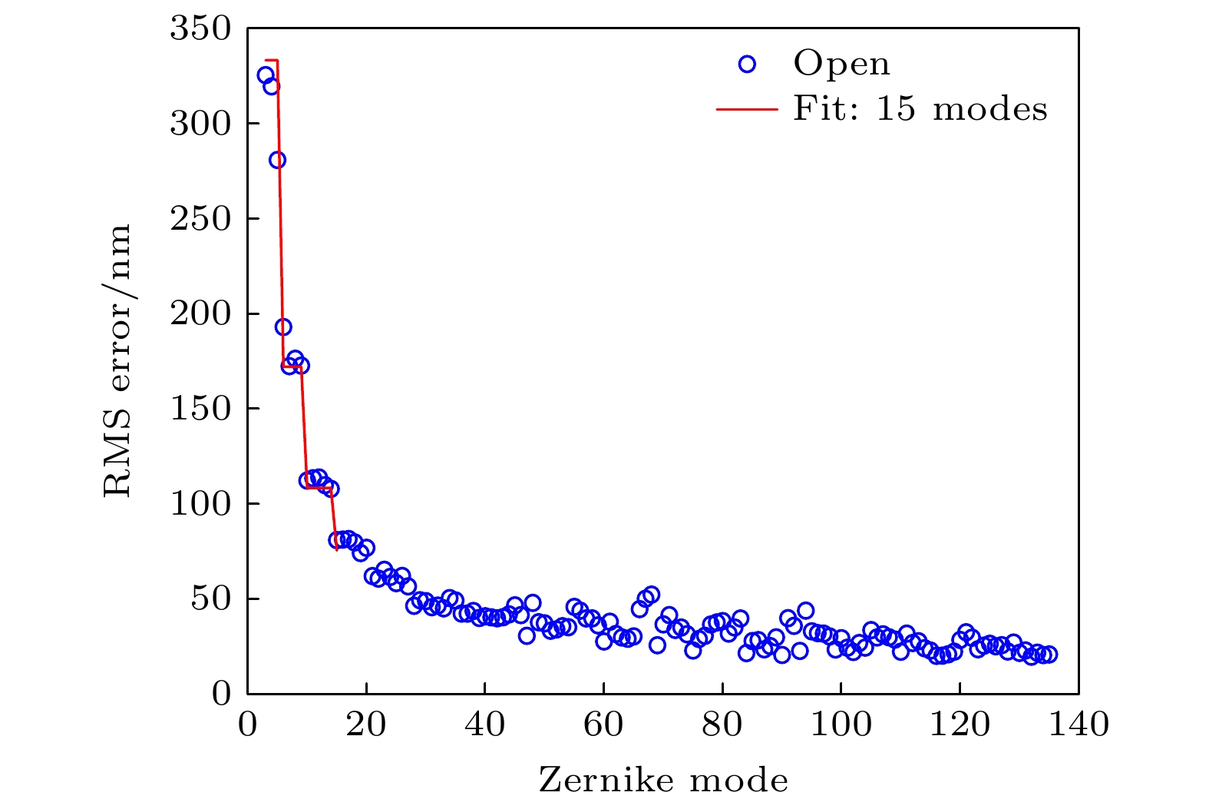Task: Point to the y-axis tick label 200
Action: [x=200, y=314]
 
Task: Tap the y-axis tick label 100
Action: [x=200, y=504]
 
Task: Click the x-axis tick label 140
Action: [x=1079, y=724]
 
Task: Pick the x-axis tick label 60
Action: [x=603, y=724]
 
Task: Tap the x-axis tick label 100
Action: [x=841, y=724]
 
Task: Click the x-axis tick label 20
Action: [x=366, y=724]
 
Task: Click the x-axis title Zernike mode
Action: [x=663, y=781]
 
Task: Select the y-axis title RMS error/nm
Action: [x=117, y=361]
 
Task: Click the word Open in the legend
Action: [x=841, y=64]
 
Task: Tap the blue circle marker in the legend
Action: [x=747, y=65]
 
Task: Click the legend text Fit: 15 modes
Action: [x=920, y=109]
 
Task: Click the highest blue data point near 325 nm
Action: [x=266, y=75]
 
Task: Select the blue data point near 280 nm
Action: [x=277, y=160]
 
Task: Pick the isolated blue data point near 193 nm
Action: [x=283, y=327]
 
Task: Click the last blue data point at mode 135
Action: [x=1049, y=655]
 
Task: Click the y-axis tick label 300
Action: [x=200, y=124]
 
